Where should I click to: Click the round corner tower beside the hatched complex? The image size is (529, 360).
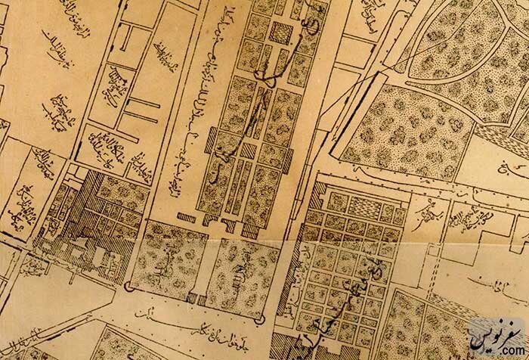pyautogui.click(x=128, y=286)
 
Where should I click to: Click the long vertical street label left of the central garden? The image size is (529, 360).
pyautogui.click(x=186, y=113)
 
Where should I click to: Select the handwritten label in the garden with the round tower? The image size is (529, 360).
pyautogui.click(x=162, y=265)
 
